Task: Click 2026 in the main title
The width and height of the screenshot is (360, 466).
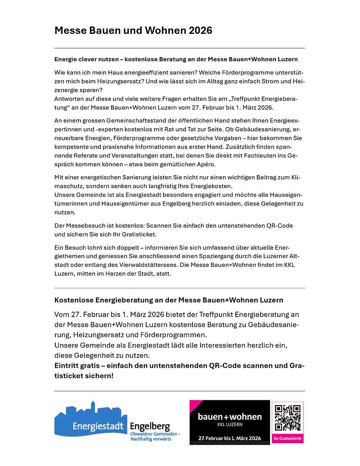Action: click(200, 31)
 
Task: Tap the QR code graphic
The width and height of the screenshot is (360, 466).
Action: click(288, 418)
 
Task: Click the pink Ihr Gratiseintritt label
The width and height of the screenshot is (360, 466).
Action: click(288, 439)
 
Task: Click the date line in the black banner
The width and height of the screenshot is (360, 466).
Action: click(230, 438)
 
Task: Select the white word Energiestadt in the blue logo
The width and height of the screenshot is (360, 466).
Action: click(99, 427)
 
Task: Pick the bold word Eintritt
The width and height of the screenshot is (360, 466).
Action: click(69, 365)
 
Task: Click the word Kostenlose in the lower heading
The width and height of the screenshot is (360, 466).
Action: click(74, 300)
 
